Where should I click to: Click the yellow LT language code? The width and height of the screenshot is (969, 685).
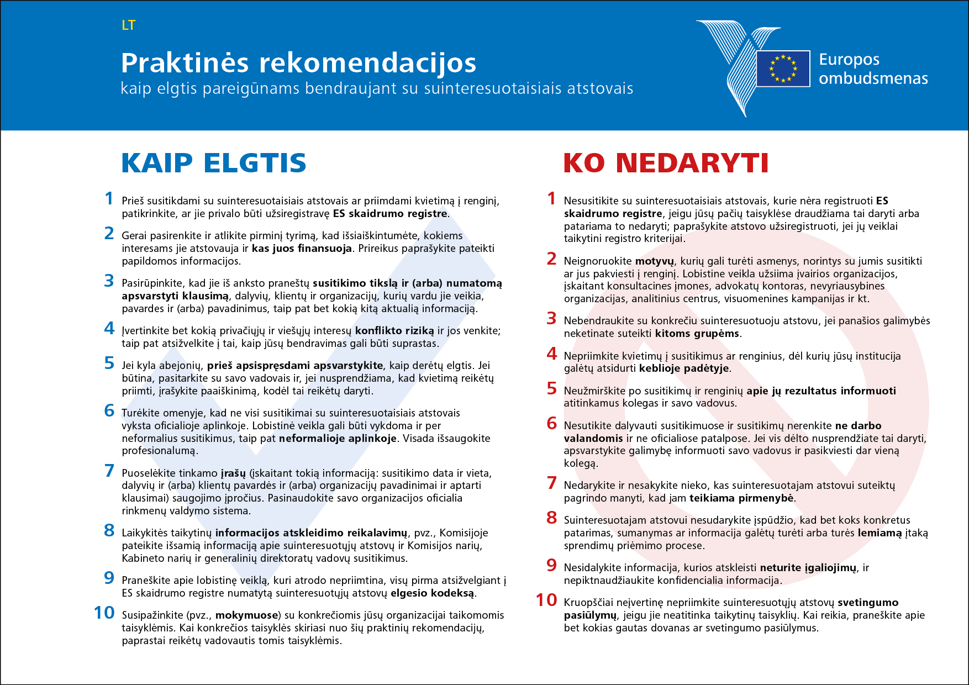click(128, 25)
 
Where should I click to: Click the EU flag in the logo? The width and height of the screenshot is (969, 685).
click(783, 68)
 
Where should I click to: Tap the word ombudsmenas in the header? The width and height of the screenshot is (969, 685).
click(873, 78)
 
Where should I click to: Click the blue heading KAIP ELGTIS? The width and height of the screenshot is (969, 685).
click(213, 163)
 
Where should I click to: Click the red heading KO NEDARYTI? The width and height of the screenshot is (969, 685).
click(666, 163)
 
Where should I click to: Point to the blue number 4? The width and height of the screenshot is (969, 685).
click(109, 328)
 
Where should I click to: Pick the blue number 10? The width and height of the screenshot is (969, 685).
click(104, 613)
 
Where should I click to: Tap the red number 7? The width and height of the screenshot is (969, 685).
click(551, 483)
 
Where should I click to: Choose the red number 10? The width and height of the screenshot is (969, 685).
click(546, 600)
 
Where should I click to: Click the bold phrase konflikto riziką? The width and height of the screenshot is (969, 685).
click(394, 331)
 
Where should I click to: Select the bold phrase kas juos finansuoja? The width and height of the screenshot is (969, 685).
click(302, 249)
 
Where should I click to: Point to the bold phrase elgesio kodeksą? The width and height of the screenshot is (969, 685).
click(432, 593)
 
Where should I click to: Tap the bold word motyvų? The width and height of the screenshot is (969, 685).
click(655, 261)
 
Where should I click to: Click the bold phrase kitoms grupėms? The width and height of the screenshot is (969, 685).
click(697, 334)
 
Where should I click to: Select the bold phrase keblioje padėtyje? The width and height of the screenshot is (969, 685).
click(684, 368)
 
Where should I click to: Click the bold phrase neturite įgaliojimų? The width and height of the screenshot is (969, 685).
click(808, 568)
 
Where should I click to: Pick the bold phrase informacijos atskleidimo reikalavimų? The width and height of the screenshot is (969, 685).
click(311, 533)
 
